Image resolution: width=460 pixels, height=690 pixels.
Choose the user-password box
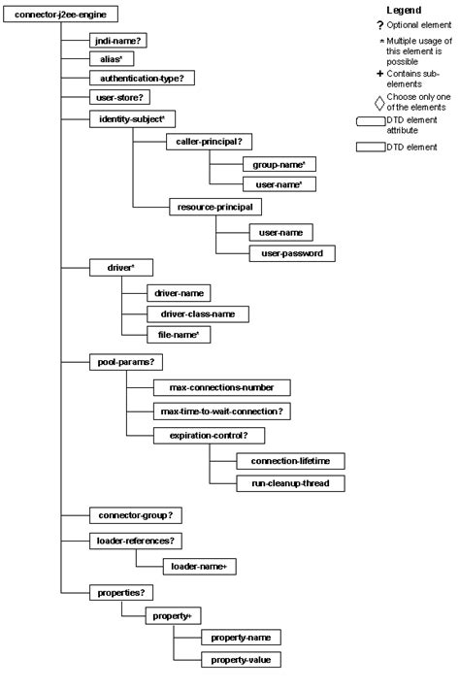tap(278, 253)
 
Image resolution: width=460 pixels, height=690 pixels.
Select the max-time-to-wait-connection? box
tap(221, 411)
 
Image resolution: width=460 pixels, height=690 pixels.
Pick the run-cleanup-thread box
tap(290, 482)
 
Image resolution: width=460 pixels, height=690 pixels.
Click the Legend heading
tap(403, 9)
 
